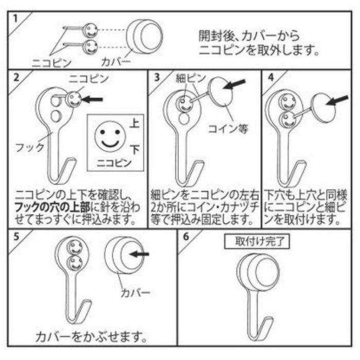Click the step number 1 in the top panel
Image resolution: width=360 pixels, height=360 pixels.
click(15, 19)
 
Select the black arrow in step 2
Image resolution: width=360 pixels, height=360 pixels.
click(94, 98)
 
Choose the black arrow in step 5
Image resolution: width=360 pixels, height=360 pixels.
click(139, 253)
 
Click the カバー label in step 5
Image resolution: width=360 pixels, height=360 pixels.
click(135, 293)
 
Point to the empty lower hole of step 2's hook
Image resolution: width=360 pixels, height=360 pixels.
click(55, 114)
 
